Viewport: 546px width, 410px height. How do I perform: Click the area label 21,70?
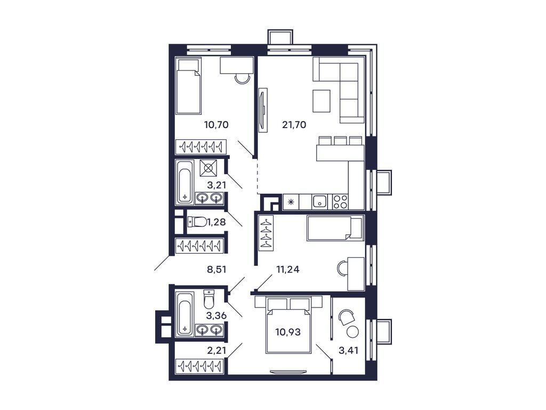pos(294,125)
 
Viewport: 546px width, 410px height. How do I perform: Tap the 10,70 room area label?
pos(216,125)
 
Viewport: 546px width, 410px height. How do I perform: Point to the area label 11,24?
pos(288,270)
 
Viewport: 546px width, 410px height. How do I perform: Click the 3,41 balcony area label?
pos(349,351)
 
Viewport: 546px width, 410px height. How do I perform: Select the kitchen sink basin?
pos(320,201)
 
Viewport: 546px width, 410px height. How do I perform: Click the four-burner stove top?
pos(340,201)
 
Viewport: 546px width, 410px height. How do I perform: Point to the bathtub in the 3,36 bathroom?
pos(184,314)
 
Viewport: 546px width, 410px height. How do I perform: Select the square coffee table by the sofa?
pos(322,101)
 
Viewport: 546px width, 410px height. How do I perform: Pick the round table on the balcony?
pos(352,332)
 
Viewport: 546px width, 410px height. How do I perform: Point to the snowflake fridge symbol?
pos(291,202)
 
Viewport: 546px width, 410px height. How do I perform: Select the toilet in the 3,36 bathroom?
pos(209,301)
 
